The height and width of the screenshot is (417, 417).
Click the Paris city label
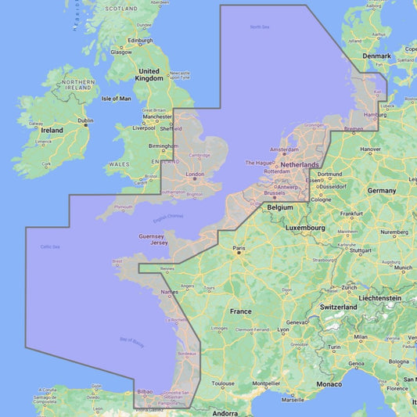coord(239,250)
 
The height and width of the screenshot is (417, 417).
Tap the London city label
coord(195,174)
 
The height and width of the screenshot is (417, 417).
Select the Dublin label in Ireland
coord(85,120)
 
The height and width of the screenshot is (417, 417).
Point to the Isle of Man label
coord(117,99)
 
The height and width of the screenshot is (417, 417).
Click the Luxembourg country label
coord(304,227)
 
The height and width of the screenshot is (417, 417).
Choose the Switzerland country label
coord(338,307)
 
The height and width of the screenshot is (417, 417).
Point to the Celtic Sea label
coord(51,247)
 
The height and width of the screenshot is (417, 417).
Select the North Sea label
coord(260,27)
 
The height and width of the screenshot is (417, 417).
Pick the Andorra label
coord(225,412)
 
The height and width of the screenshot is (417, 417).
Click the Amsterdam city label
coord(284,149)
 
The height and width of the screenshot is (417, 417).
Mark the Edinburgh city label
coord(140,41)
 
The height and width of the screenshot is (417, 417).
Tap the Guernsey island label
coord(152,235)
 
